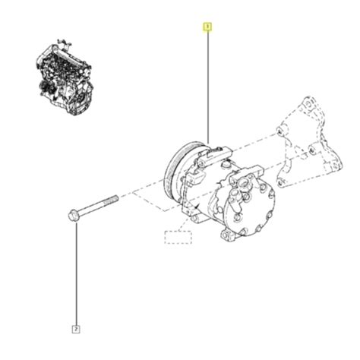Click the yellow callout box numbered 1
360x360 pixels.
tap(207, 28)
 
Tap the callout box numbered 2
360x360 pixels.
tap(76, 329)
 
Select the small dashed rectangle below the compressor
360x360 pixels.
tap(178, 235)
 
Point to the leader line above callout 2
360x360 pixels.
tap(76, 273)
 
